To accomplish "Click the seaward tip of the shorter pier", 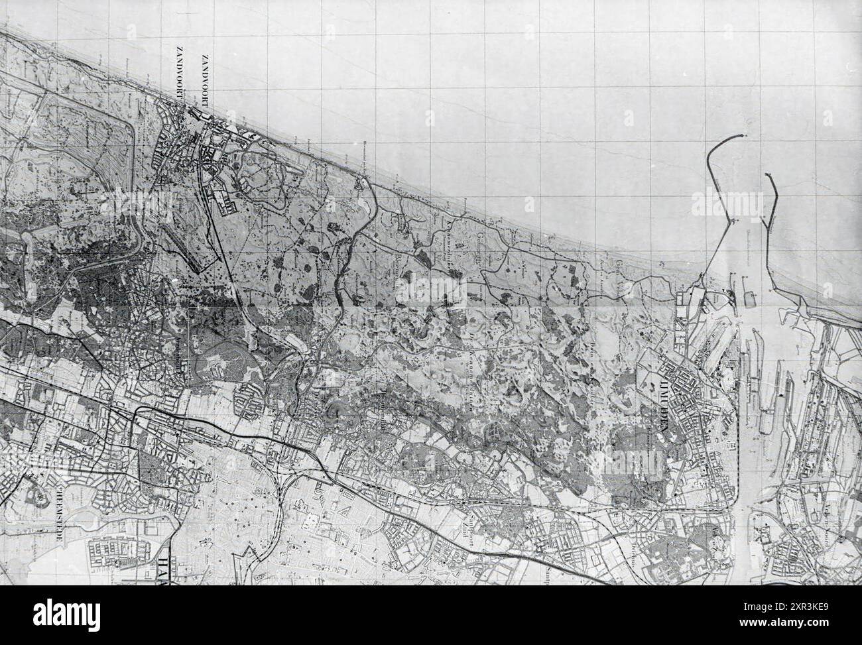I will (768, 175).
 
